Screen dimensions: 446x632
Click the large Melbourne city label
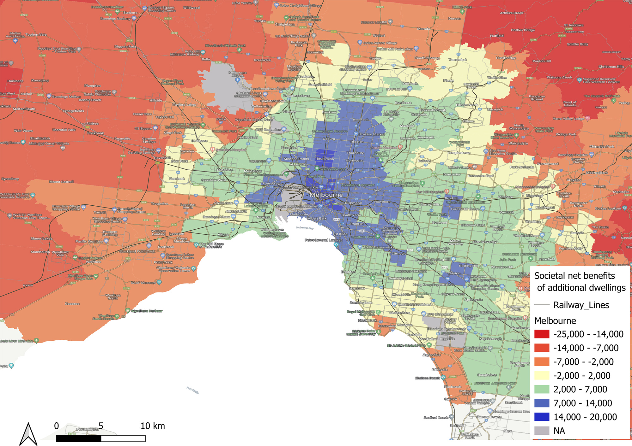[x=326, y=195]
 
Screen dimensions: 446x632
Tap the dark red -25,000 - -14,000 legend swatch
[x=542, y=334]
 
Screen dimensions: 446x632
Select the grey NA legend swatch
[x=542, y=431]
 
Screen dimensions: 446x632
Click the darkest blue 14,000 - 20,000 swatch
[x=542, y=417]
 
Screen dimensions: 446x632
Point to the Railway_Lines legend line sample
[x=542, y=305]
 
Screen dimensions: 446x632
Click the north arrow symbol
[x=28, y=434]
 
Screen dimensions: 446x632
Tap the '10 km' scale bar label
[x=153, y=426]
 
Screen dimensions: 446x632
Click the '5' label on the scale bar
[x=101, y=426]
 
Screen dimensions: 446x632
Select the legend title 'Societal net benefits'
[x=574, y=276]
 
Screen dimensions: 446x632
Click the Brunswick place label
[x=325, y=159]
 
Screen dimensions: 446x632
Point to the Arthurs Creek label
[x=511, y=13]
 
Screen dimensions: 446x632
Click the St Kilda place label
[x=341, y=234]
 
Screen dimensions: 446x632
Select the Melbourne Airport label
[x=237, y=74]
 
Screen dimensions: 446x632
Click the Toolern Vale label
[x=36, y=35]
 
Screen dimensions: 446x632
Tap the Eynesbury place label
[x=10, y=179]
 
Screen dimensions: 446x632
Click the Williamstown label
[x=272, y=230]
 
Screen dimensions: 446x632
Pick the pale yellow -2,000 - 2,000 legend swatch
[x=542, y=375]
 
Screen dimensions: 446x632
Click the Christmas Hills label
[x=611, y=67]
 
